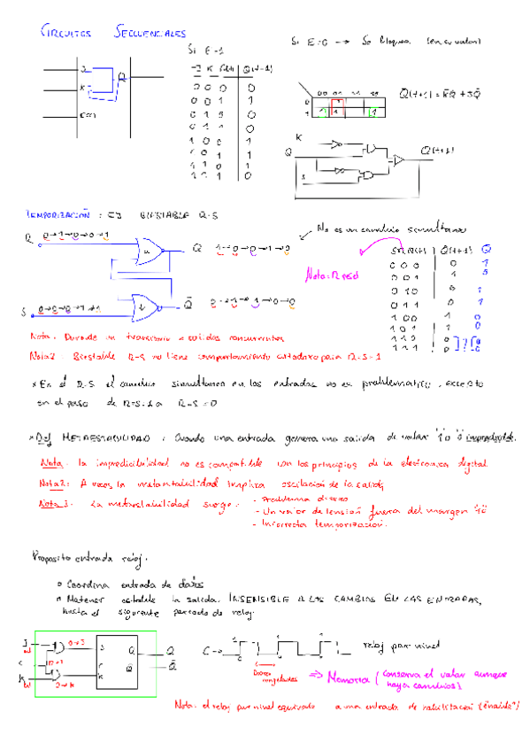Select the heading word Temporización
point(59,214)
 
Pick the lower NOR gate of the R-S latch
point(146,308)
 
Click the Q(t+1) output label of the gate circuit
point(438,151)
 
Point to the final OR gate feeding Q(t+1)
point(400,160)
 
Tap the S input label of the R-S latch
point(24,312)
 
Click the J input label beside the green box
point(27,639)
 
